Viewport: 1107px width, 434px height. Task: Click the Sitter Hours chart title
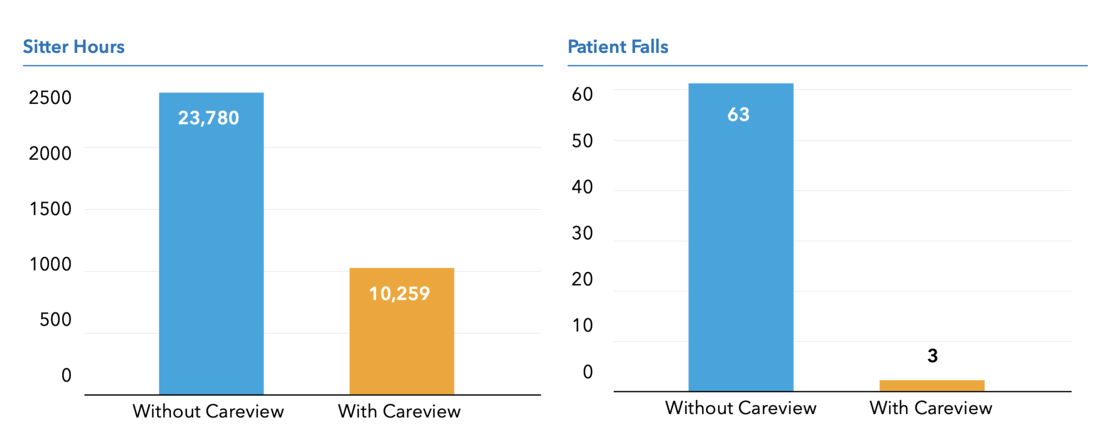click(x=74, y=47)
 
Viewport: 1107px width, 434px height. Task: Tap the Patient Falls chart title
click(x=618, y=47)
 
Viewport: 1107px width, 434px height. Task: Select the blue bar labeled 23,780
click(x=211, y=243)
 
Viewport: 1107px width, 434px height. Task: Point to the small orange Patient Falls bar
click(x=931, y=385)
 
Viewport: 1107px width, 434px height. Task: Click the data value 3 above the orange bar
click(x=932, y=356)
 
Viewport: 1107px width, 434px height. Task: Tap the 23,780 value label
click(x=209, y=118)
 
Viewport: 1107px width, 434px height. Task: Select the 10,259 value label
click(x=399, y=293)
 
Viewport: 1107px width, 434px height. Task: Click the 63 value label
click(x=738, y=115)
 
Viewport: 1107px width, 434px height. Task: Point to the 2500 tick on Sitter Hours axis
click(x=50, y=98)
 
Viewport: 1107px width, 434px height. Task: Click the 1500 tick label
click(x=50, y=209)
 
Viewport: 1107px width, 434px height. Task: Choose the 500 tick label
click(x=55, y=319)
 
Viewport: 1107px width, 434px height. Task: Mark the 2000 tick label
click(x=50, y=153)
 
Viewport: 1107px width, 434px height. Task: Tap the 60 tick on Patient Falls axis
click(x=582, y=95)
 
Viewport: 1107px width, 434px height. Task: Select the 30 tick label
click(x=582, y=233)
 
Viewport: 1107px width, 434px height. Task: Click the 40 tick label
click(x=582, y=187)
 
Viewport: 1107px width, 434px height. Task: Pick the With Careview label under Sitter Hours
click(x=399, y=411)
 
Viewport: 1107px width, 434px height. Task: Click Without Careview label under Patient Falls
click(x=741, y=408)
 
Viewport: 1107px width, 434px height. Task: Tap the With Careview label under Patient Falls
click(x=931, y=408)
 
